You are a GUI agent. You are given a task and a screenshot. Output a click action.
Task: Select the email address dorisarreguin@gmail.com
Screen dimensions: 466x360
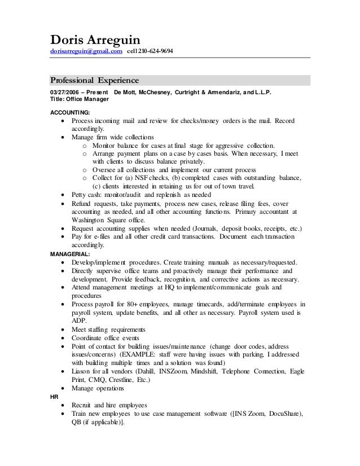[86, 52]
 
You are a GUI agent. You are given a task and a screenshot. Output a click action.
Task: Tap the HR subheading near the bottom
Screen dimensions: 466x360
[54, 397]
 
